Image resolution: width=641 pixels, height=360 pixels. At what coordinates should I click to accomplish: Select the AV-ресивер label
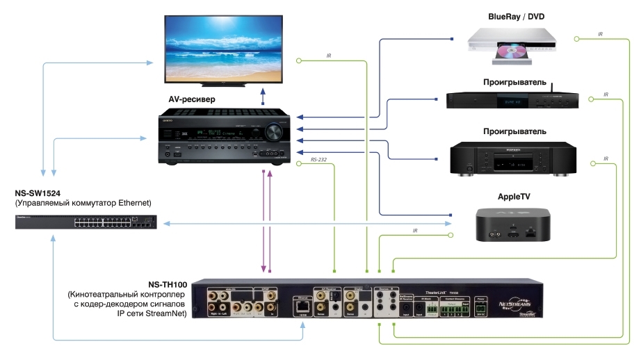click(192, 99)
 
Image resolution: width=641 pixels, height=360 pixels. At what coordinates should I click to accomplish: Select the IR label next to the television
click(329, 56)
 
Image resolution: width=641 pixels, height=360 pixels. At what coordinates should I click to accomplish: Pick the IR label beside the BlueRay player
click(601, 35)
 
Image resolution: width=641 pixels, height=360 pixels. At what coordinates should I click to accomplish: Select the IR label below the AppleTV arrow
click(415, 231)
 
